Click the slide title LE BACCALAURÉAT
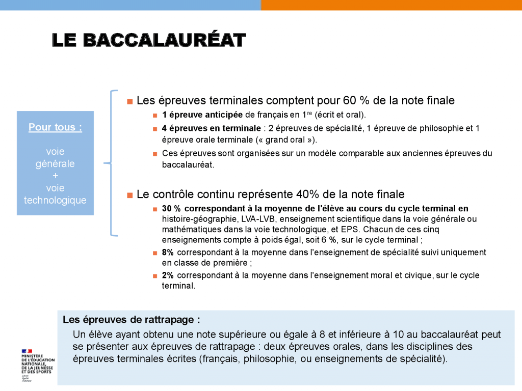coord(149,40)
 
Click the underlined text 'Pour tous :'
coord(55,127)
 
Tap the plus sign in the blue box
coord(55,176)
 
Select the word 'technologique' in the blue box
coord(55,200)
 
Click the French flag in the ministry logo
coord(27,351)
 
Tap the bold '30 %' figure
coord(171,209)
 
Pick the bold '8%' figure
coord(168,253)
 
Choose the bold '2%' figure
coord(168,275)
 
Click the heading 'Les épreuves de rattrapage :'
coord(131,320)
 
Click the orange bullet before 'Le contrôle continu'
coord(130,195)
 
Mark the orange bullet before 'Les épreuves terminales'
coord(130,101)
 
